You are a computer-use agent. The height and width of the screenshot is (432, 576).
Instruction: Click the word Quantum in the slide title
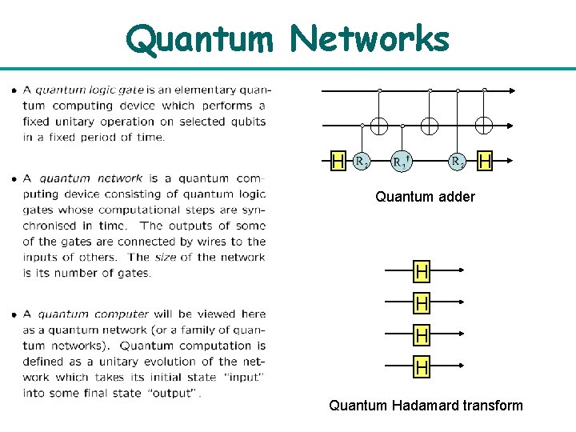tap(201, 38)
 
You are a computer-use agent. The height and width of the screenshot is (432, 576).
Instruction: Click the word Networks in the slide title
tap(370, 38)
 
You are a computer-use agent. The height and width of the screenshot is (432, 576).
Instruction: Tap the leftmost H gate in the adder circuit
tap(338, 161)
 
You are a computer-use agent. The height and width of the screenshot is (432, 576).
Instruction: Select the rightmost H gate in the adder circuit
tap(485, 161)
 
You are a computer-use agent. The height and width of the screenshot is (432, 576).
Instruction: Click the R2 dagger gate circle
tap(402, 161)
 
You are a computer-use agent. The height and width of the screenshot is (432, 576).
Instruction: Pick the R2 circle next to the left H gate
tap(362, 161)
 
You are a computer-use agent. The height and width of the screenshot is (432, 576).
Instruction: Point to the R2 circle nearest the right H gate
tap(458, 161)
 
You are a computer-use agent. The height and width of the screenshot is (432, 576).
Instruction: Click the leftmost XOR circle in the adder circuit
tap(379, 125)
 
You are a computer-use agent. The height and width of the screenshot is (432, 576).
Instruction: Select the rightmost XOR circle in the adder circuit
tap(484, 125)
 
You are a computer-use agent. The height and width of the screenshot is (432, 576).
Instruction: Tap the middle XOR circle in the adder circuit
tap(430, 125)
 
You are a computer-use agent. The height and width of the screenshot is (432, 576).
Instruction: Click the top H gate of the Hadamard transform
tap(422, 272)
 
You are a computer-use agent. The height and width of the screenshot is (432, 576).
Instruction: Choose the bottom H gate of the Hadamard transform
tap(422, 367)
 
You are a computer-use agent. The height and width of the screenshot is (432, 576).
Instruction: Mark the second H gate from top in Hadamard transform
tap(422, 303)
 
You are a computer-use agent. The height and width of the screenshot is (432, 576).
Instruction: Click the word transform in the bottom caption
tap(490, 405)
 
